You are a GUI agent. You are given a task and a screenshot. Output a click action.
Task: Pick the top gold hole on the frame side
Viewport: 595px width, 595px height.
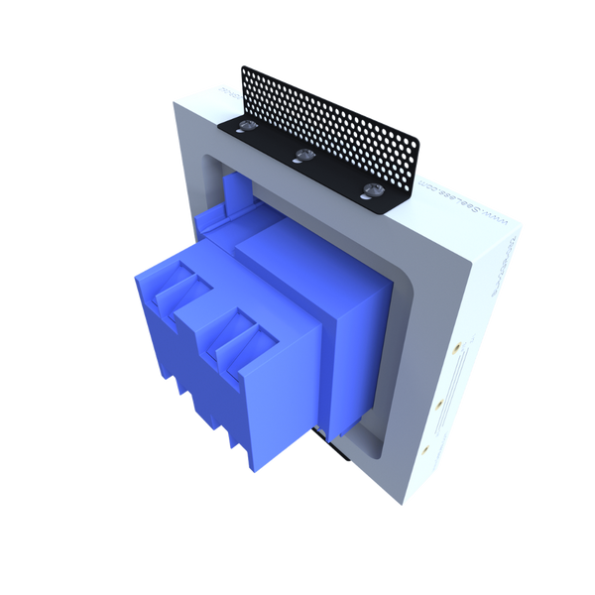click(x=458, y=349)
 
